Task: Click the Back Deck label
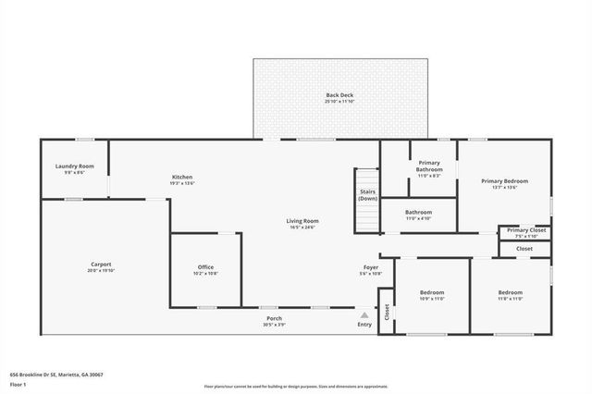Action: [x=339, y=96]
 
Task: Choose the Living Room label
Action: [x=302, y=223]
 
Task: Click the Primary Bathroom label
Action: [x=428, y=166]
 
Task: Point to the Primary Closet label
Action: [x=525, y=231]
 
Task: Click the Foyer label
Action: [x=370, y=269]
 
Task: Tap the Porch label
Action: [x=274, y=320]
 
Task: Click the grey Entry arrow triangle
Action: [x=364, y=315]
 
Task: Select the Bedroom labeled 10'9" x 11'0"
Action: [x=433, y=295]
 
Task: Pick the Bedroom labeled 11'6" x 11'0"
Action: [x=511, y=295]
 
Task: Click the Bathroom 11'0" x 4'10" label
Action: [x=419, y=215]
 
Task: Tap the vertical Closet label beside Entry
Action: [x=387, y=313]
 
